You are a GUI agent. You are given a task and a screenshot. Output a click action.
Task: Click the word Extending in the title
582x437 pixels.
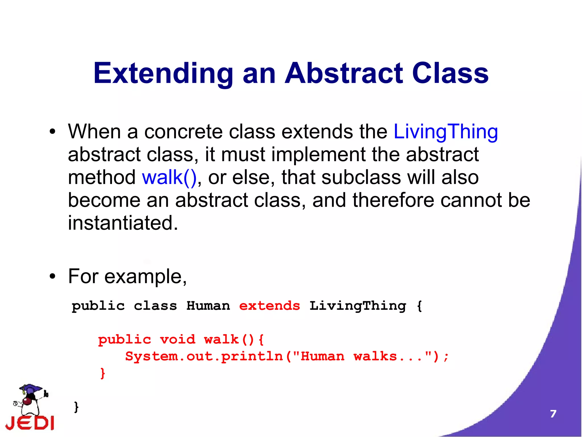pyautogui.click(x=163, y=73)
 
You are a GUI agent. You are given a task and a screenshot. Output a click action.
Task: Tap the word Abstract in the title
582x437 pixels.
pyautogui.click(x=344, y=73)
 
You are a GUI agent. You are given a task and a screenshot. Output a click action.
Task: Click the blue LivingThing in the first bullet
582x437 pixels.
pyautogui.click(x=445, y=132)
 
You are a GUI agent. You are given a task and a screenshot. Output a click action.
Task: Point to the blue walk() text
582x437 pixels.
pyautogui.click(x=169, y=177)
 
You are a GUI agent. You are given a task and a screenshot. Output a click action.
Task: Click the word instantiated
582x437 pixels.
pyautogui.click(x=123, y=223)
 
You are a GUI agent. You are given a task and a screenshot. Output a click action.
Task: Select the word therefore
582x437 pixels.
pyautogui.click(x=393, y=200)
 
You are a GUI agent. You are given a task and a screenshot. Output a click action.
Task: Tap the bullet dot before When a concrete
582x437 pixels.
pyautogui.click(x=52, y=132)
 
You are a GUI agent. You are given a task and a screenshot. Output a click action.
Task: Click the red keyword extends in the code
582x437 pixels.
pyautogui.click(x=269, y=306)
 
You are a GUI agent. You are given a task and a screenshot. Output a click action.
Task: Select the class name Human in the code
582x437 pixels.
pyautogui.click(x=208, y=306)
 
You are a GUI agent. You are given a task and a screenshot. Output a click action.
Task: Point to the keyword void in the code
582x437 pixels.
pyautogui.click(x=178, y=340)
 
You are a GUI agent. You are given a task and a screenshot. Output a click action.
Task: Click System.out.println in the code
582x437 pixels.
pyautogui.click(x=204, y=356)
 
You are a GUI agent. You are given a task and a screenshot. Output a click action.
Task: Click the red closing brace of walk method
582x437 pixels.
pyautogui.click(x=103, y=373)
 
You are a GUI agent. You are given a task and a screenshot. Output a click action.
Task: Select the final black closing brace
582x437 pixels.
pyautogui.click(x=76, y=407)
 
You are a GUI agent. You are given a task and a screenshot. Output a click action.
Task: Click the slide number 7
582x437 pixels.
pyautogui.click(x=553, y=414)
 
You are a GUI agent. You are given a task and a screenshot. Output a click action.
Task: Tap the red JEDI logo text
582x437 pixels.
pyautogui.click(x=30, y=423)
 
